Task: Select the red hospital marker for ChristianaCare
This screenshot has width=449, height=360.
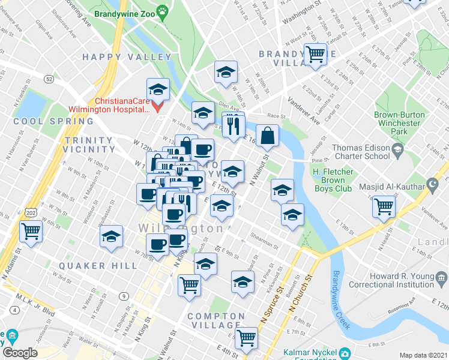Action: [x=158, y=106]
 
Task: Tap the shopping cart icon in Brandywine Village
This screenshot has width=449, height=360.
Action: [x=315, y=54]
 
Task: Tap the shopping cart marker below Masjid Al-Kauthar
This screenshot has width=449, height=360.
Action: [x=384, y=206]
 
